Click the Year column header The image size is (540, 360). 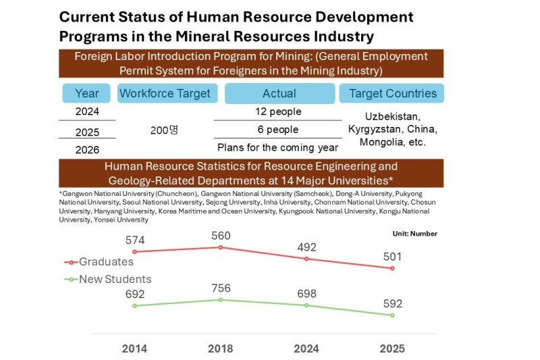[x=86, y=93]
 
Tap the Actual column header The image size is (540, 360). [x=279, y=93]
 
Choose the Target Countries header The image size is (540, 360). [x=392, y=93]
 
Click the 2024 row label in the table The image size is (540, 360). [x=86, y=111]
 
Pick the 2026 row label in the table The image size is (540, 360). [x=86, y=149]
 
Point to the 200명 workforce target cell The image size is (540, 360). [x=164, y=130]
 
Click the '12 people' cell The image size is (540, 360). [x=278, y=111]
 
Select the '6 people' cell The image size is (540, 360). [x=278, y=130]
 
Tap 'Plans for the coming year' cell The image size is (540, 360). [x=278, y=147]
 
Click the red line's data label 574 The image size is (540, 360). [x=135, y=240]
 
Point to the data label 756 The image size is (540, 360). [x=221, y=288]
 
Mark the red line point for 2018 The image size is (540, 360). [x=221, y=247]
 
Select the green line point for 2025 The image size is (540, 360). [x=392, y=315]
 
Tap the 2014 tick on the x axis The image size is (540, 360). [x=134, y=349]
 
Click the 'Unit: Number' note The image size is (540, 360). [x=414, y=234]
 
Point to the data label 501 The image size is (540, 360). [x=392, y=256]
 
